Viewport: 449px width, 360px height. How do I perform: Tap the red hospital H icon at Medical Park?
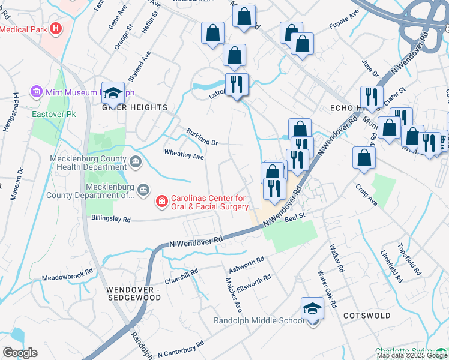[x=56, y=28]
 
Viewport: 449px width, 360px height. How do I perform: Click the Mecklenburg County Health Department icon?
[x=136, y=161]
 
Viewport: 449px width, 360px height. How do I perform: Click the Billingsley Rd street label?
[x=111, y=220]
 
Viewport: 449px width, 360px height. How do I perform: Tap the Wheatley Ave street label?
[x=184, y=155]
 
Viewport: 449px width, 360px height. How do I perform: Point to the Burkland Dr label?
[x=202, y=136]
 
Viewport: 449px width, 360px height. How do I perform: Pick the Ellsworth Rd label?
[x=255, y=281]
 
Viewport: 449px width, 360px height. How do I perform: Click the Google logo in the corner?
[x=20, y=353]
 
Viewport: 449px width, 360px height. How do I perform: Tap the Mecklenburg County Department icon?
[x=143, y=190]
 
